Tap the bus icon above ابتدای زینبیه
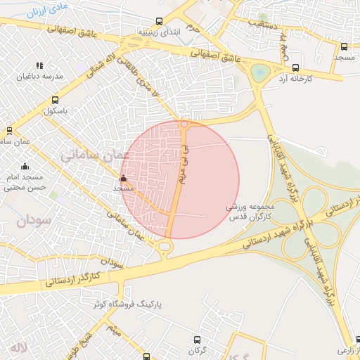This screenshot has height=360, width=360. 160,21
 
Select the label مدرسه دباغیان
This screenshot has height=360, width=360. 44,76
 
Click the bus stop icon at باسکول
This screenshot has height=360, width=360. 56,100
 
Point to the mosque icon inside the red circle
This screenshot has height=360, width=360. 124,179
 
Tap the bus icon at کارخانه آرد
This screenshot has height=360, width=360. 293,68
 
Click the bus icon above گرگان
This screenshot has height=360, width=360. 195,338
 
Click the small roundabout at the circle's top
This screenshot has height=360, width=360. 185,124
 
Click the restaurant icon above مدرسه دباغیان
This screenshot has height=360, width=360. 39,65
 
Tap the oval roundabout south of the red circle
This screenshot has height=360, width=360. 166,245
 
